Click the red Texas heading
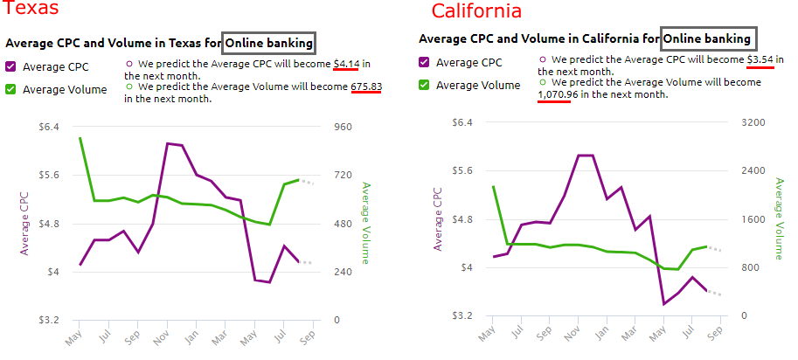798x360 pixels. coord(31,10)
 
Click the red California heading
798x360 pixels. coord(476,11)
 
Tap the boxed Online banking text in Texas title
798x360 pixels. coord(268,42)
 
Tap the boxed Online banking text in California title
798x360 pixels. coord(707,39)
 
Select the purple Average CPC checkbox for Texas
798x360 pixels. coord(10,66)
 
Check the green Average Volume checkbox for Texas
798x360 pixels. coord(10,88)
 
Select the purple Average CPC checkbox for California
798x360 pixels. coord(424,62)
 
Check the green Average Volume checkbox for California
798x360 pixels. coord(424,85)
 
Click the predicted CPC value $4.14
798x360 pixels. coord(346,64)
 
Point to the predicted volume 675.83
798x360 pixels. coord(366,87)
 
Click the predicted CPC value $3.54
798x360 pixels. coord(760,59)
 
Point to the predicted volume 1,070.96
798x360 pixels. coord(554,94)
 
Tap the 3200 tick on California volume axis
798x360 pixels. coord(753,122)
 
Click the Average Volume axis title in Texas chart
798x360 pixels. coord(365,222)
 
